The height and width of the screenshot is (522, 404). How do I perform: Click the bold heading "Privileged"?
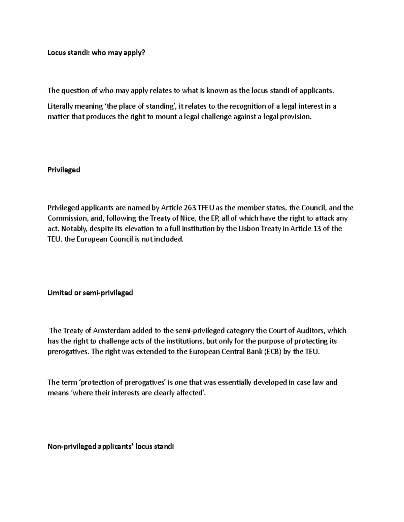pyautogui.click(x=64, y=170)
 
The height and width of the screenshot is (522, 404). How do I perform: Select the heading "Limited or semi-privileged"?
pyautogui.click(x=90, y=293)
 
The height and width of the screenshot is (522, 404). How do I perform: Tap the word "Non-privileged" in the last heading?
pyautogui.click(x=71, y=447)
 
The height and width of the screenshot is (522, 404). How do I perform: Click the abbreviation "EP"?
pyautogui.click(x=215, y=218)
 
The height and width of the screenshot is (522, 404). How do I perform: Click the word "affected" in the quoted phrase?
pyautogui.click(x=191, y=393)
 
